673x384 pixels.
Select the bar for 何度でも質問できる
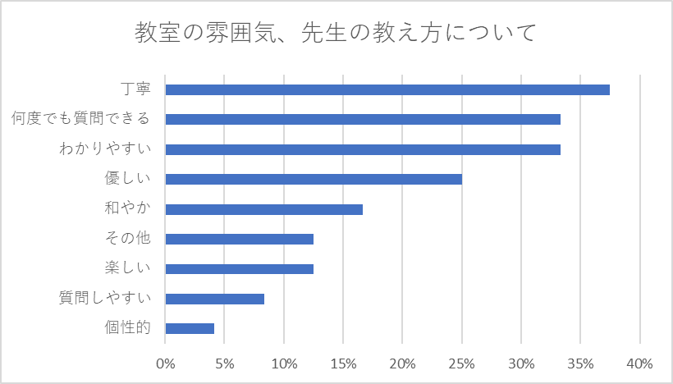coord(363,119)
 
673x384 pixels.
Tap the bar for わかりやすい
coord(363,149)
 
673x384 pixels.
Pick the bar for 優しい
coord(314,179)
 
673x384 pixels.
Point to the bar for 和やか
coord(263,209)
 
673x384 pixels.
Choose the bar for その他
coord(239,239)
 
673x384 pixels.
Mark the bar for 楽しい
coord(239,268)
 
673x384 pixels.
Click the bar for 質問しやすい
coord(214,299)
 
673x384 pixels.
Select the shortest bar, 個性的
coord(190,328)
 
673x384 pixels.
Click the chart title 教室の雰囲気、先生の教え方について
coord(336,34)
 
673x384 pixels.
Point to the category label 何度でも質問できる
coord(80,119)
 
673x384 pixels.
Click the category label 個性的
coord(127,328)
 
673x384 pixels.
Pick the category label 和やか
coord(127,209)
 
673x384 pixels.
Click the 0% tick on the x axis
coord(166,363)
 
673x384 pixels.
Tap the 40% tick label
coord(639,363)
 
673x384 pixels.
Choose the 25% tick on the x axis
coord(461,363)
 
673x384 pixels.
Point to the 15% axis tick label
coord(343,363)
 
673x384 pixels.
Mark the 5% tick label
coord(225,363)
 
